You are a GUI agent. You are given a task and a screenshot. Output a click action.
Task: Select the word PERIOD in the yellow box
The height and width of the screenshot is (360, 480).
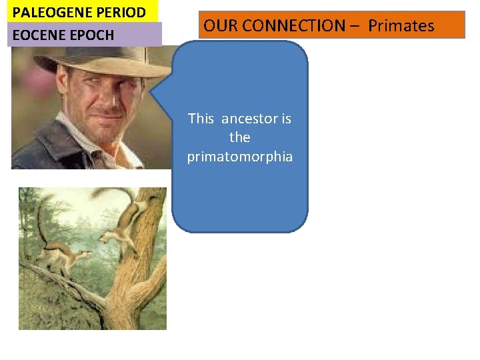119,12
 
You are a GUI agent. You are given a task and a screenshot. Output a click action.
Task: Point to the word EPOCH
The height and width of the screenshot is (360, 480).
93,35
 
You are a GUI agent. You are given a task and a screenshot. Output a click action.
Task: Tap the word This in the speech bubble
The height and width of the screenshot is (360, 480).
201,119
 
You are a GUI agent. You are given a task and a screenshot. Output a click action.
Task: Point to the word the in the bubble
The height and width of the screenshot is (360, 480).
239,137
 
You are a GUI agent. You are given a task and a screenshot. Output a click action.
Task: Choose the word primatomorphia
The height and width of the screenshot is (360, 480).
239,157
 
